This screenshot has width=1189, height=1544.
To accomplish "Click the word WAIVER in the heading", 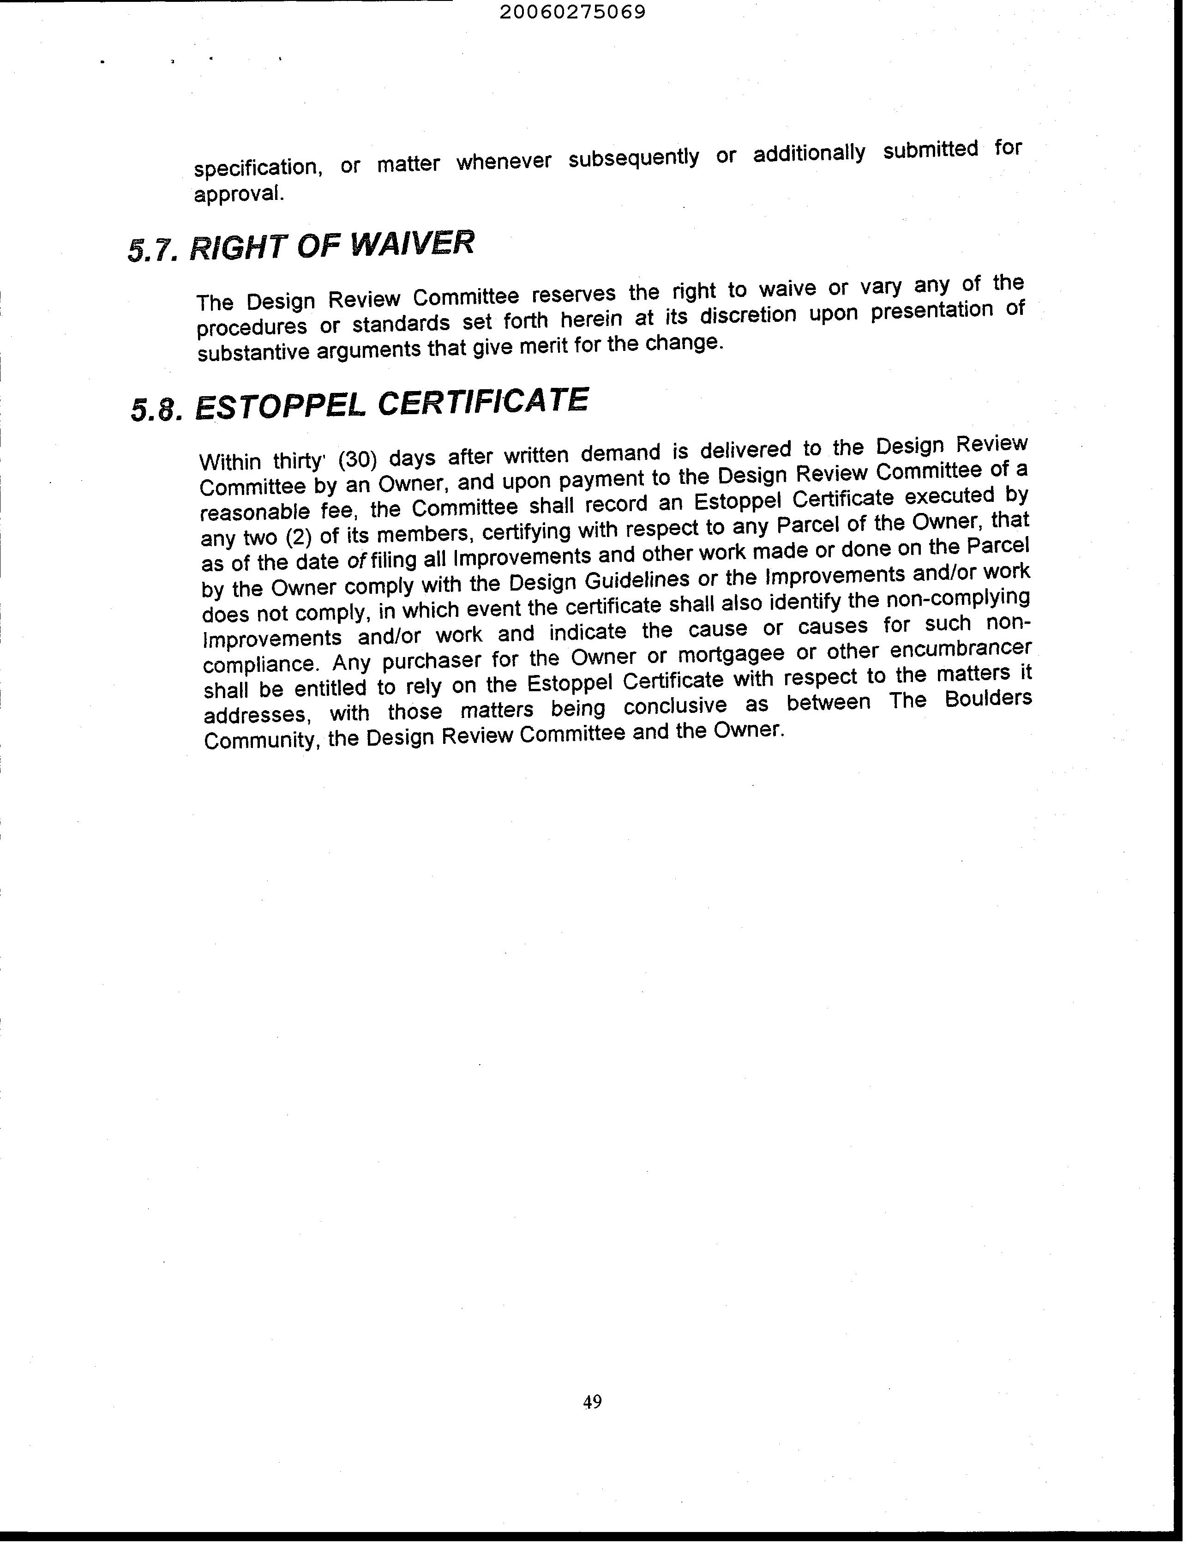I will (x=412, y=244).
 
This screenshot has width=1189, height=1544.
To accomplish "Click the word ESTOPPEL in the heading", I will (x=280, y=406).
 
